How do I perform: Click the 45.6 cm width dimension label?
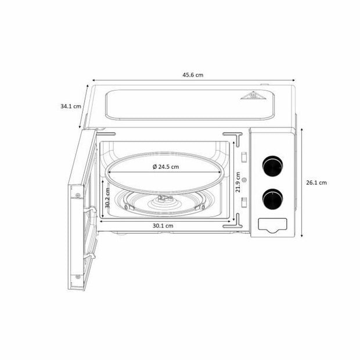pos(193,75)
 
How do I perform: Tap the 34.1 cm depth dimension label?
pos(71,106)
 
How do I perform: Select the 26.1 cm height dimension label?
pos(316,182)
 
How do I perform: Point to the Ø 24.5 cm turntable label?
pos(165,167)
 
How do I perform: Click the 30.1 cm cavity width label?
pos(163,226)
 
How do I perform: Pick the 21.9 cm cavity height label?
pos(238,182)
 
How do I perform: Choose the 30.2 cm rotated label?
pos(107,198)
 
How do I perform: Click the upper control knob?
pos(272,166)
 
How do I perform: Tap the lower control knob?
pos(272,199)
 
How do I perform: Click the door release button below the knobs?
pos(272,225)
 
